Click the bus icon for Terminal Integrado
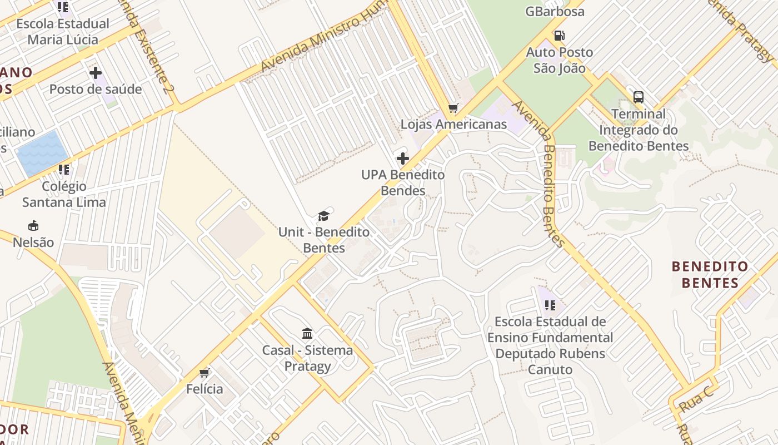point(639,97)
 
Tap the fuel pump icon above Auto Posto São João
point(559,36)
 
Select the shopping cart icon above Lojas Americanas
point(453,108)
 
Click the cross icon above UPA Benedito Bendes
point(403,159)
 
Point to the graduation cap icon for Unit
point(323,216)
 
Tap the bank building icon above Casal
point(307,334)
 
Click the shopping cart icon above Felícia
point(205,373)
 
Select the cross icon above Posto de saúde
point(96,73)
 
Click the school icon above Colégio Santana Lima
point(64,170)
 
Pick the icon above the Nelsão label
point(33,226)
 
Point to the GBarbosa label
point(555,11)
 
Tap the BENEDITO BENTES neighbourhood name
point(710,275)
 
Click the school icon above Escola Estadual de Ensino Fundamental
point(550,305)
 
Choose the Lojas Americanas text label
point(453,124)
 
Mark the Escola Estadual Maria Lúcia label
point(63,32)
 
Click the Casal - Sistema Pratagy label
point(307,358)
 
